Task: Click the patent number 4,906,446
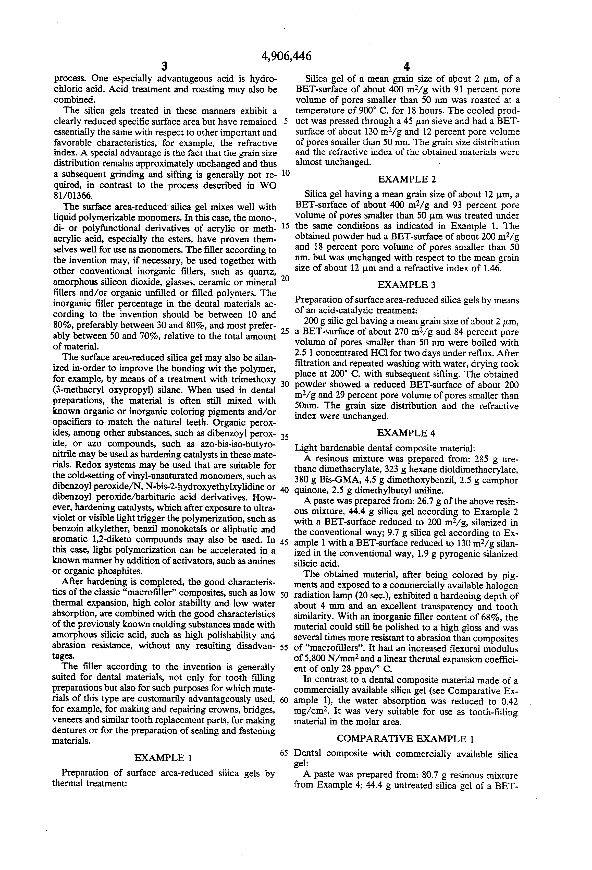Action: tap(287, 56)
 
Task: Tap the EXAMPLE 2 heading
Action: tap(407, 179)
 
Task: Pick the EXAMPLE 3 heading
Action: tap(407, 285)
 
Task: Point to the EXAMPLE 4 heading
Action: tap(407, 433)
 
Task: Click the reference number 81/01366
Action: tap(72, 196)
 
